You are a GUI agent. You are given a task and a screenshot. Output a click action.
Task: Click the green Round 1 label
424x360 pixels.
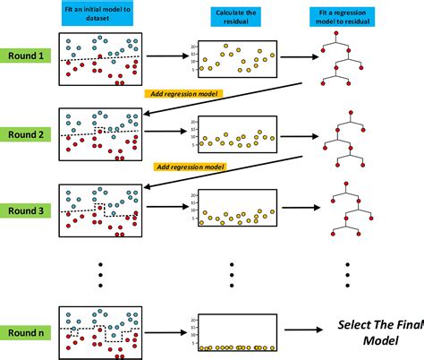click(25, 56)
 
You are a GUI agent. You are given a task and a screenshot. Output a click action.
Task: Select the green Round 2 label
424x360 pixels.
click(25, 135)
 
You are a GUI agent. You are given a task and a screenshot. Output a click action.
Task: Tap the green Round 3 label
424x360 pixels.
click(25, 211)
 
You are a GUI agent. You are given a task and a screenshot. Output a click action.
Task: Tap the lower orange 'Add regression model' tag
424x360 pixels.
click(190, 167)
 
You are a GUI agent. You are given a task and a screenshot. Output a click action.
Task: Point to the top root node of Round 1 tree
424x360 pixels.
click(338, 34)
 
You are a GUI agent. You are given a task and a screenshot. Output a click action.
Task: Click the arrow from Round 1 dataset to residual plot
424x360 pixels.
click(167, 57)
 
